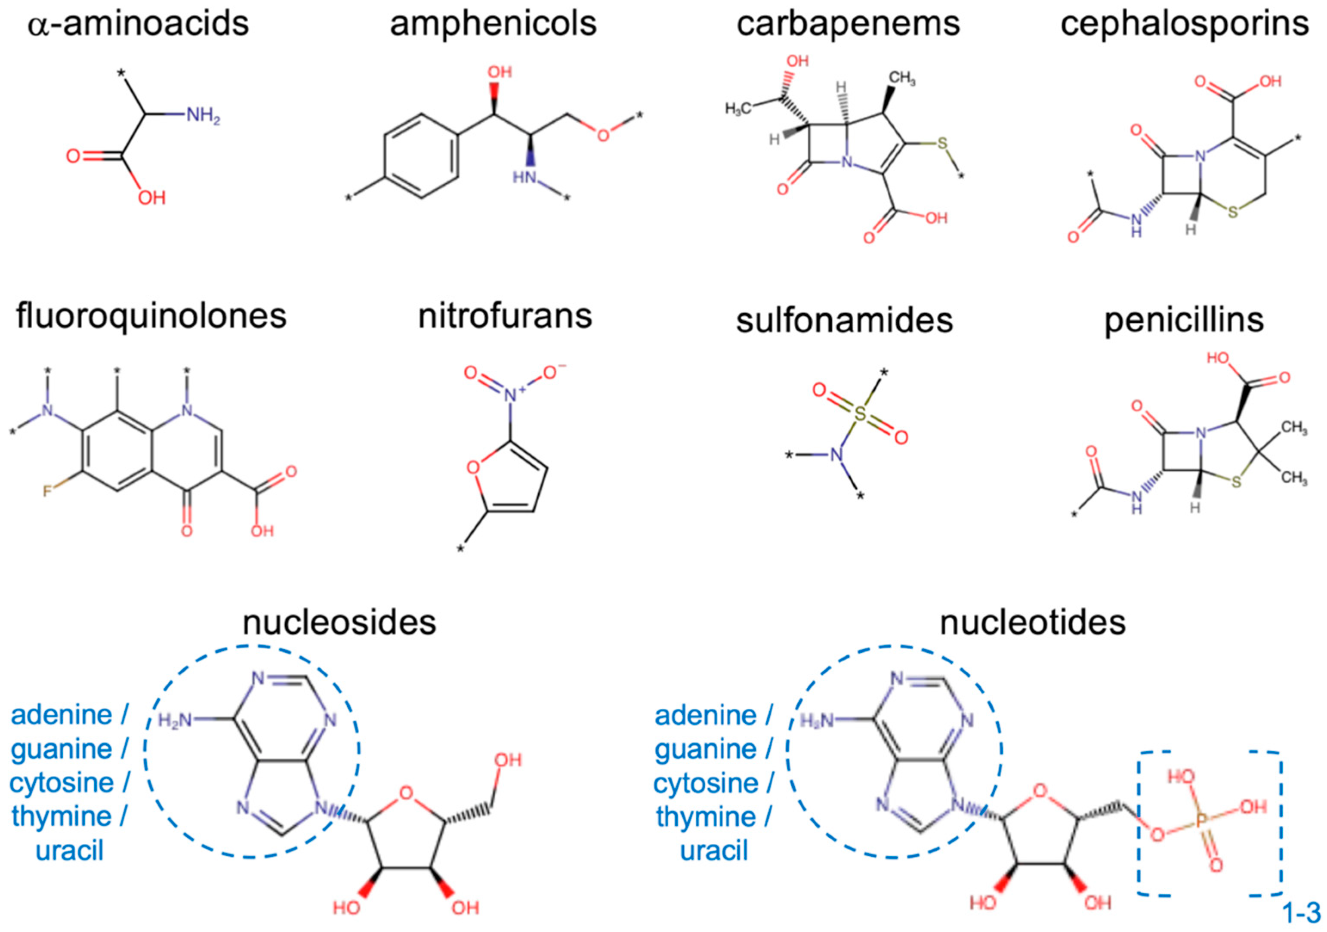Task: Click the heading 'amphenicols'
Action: coord(493,24)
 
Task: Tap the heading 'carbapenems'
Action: coord(848,24)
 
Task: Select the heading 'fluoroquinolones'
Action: coord(151,316)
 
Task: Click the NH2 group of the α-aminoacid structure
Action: coord(202,116)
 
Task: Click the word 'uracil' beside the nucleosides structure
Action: coord(69,851)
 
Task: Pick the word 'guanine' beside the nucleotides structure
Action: coord(706,750)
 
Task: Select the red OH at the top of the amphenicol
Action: coord(500,72)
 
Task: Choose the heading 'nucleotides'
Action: coord(1033,622)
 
